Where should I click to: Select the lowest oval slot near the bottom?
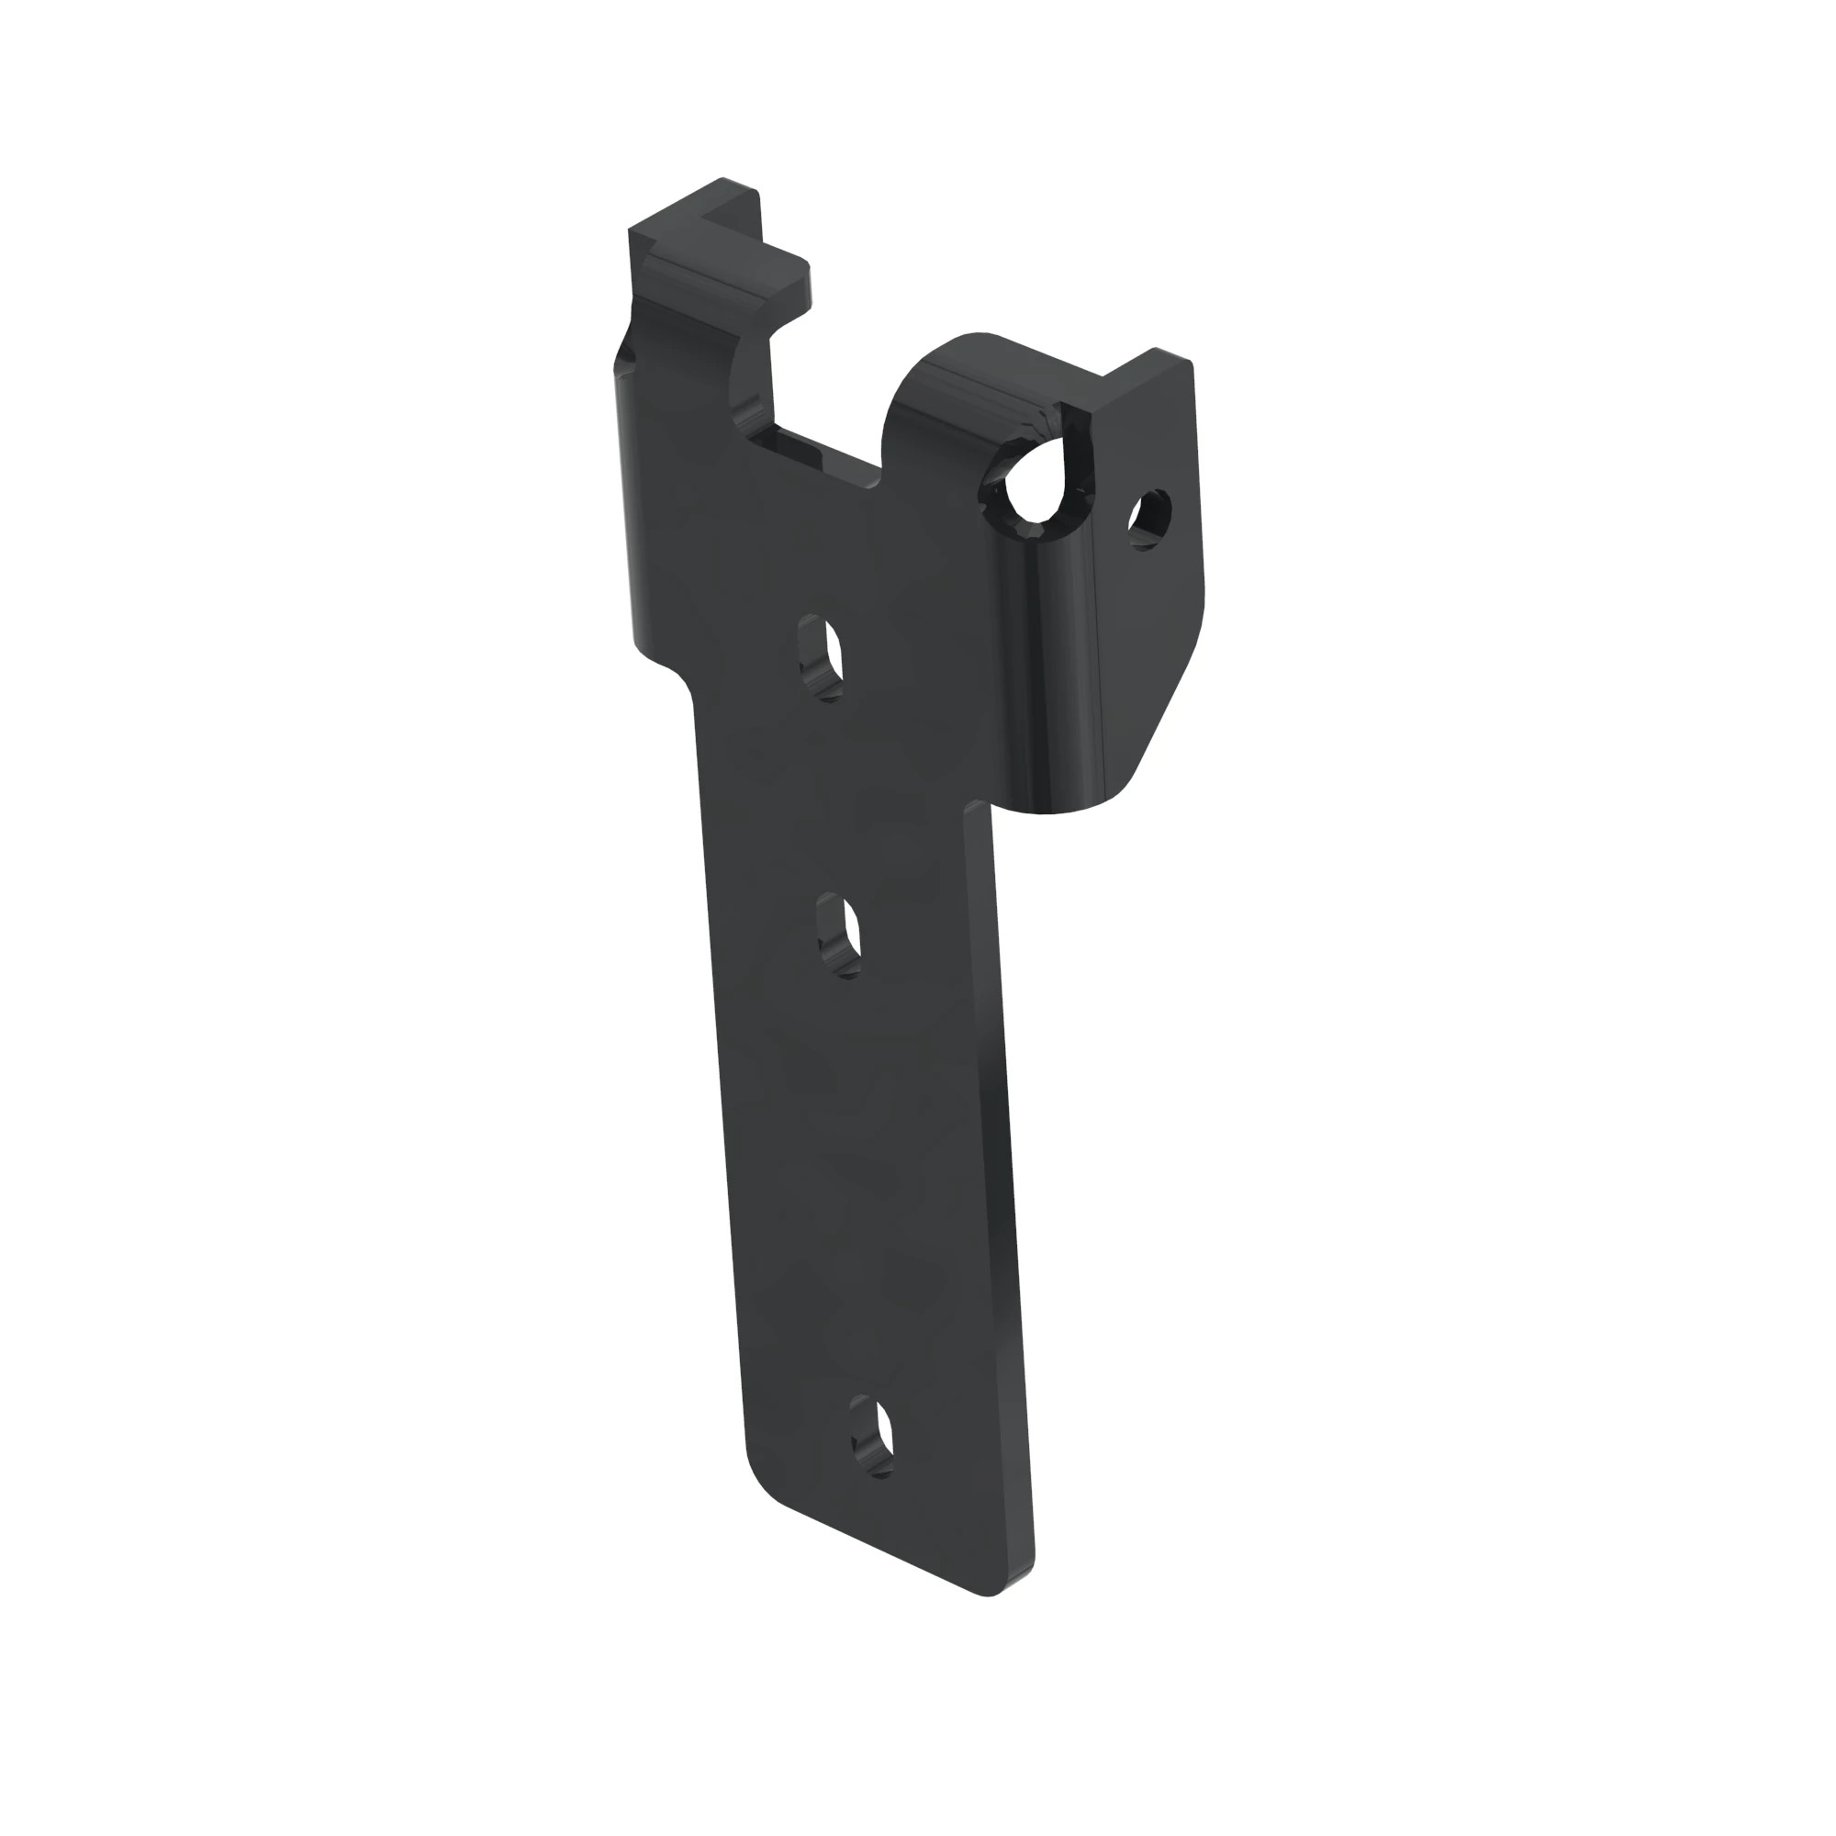pyautogui.click(x=873, y=1436)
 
